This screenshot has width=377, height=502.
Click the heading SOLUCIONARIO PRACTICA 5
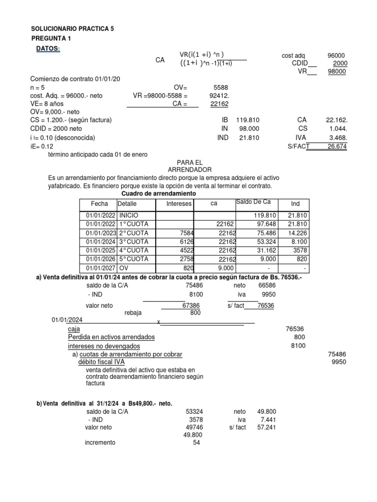pos(72,29)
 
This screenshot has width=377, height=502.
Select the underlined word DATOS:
pos(48,49)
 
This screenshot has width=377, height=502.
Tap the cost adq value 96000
pos(336,56)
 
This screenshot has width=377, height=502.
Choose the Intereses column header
pos(179,203)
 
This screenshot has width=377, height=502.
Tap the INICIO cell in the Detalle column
pos(129,215)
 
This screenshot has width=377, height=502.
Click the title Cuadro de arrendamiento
pos(158,194)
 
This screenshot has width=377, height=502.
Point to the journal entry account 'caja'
pos(74,329)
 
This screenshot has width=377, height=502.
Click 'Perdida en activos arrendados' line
pos(111,337)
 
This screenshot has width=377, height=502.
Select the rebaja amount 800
pos(195,312)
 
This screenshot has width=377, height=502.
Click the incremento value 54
pos(197,442)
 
